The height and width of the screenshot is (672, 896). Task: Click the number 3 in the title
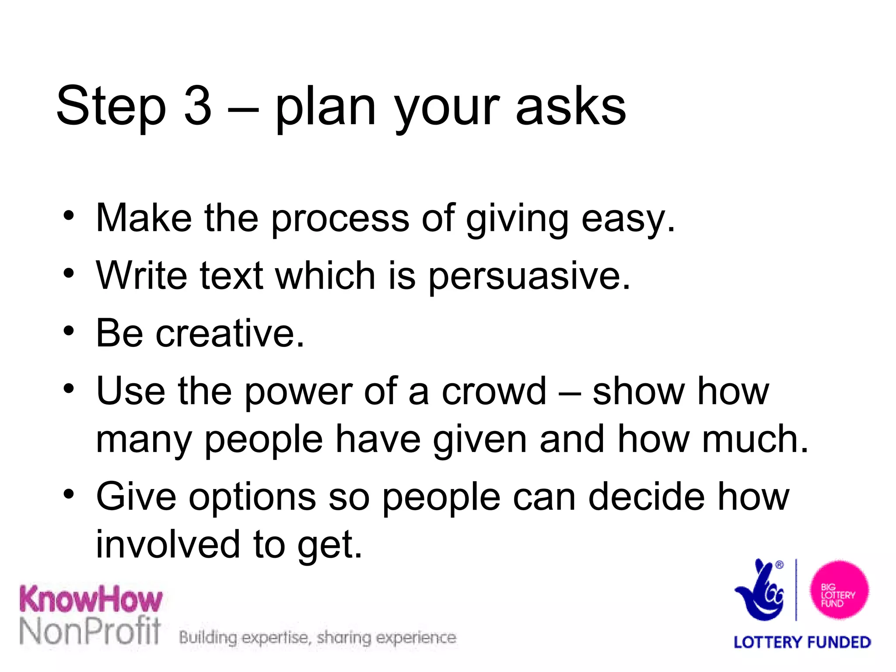coord(198,106)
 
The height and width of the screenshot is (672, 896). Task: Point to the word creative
coord(230,333)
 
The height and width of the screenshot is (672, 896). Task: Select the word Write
coord(142,276)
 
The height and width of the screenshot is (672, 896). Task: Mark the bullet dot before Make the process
coord(68,216)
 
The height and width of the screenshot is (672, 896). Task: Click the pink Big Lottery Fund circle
coord(838,590)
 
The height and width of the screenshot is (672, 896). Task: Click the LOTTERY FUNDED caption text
coord(802,642)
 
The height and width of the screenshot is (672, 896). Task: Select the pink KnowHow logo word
coord(91,599)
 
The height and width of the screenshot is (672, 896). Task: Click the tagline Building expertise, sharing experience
coord(318,638)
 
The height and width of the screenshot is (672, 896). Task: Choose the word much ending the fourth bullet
coord(754,439)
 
